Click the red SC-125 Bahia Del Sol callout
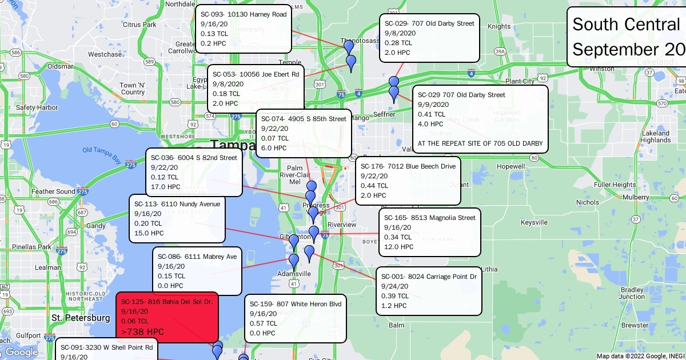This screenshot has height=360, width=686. [167, 316]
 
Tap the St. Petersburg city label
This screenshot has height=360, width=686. [81, 318]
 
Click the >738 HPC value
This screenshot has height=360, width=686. [143, 332]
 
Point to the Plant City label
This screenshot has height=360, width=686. [520, 81]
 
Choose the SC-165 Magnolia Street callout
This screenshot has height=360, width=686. [429, 232]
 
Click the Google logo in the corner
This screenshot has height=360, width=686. [21, 352]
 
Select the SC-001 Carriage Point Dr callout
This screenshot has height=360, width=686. [429, 291]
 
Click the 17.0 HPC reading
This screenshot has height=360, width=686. [166, 186]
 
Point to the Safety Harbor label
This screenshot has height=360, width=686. [37, 107]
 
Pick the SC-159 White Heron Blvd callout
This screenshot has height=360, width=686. [295, 318]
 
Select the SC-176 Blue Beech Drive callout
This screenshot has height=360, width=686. [408, 181]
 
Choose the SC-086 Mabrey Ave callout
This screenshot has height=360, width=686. [197, 271]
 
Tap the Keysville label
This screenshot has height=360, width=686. [535, 222]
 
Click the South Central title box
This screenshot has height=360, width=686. [627, 37]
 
